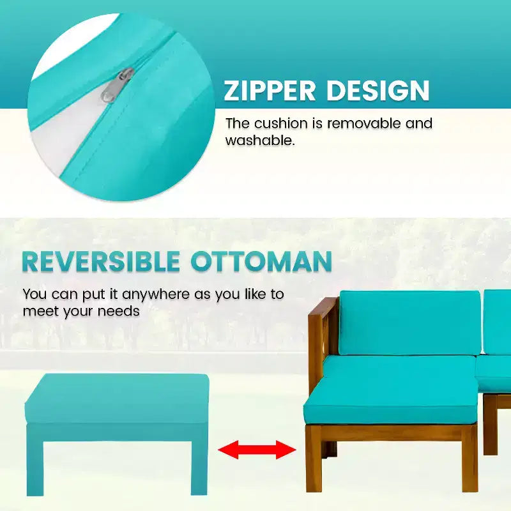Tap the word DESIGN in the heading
(378, 90)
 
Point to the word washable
(260, 140)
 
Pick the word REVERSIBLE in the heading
(101, 261)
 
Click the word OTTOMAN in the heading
(261, 261)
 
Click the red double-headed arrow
(257, 450)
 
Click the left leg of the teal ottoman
(34, 459)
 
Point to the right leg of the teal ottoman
(199, 459)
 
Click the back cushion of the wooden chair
(410, 323)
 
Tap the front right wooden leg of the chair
(469, 461)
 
